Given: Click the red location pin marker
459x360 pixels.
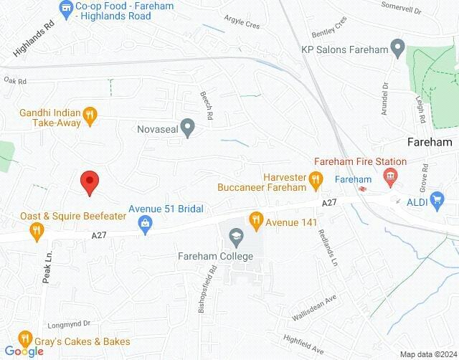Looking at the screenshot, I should [89, 182].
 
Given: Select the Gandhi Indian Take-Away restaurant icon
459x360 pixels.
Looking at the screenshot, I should [90, 113].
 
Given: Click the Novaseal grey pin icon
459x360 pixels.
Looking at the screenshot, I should [188, 129].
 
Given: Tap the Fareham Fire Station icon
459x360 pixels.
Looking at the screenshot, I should [391, 175].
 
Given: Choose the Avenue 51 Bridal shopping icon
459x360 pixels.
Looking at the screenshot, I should [146, 223].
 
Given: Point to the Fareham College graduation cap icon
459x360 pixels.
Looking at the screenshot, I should [235, 235].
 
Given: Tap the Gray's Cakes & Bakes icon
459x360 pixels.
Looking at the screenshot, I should [24, 337].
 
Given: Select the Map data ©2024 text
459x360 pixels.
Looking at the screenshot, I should [427, 354].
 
